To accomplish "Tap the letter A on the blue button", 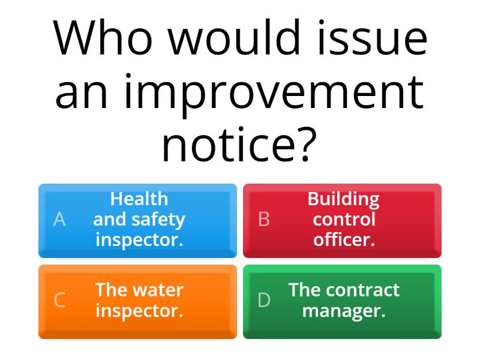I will point(59,220).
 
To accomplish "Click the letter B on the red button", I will point(264,220).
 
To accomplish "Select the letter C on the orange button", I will point(59,300).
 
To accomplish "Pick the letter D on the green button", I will point(264,300).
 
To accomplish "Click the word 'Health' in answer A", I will point(139,199).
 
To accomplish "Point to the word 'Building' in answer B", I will point(343,199).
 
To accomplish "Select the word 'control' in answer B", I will point(344,220).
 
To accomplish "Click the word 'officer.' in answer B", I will point(344,240).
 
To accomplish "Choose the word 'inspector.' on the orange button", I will point(139,311).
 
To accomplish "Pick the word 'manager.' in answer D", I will point(344,311).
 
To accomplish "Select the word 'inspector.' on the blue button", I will point(139,240).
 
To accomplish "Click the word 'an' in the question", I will point(83,94).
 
